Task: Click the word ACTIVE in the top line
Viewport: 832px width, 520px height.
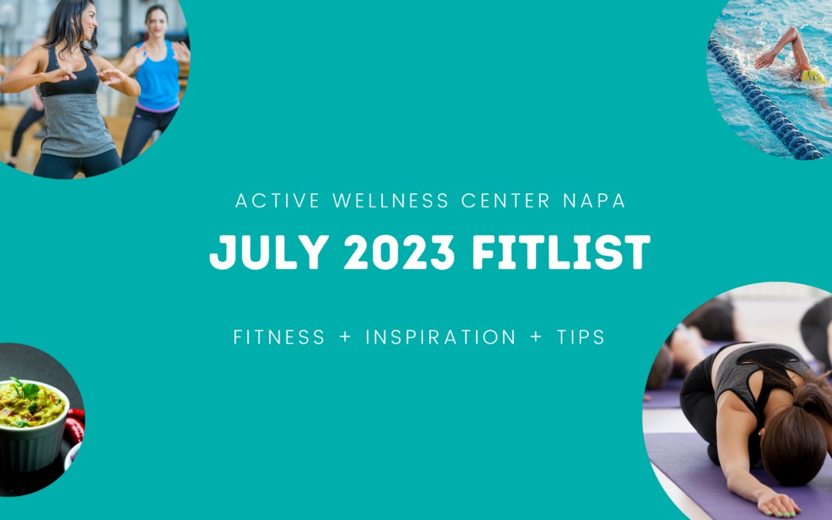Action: [278, 201]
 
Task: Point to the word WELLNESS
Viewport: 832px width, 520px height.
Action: [391, 201]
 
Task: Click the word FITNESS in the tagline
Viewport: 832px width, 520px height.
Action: [279, 337]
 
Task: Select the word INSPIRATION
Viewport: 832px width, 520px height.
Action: [441, 337]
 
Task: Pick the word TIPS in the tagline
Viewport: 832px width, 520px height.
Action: [578, 337]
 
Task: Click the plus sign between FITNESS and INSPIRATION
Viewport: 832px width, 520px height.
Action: [345, 338]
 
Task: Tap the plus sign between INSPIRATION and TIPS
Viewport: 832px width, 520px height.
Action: [536, 338]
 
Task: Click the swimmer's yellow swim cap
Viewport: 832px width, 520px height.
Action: [812, 76]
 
